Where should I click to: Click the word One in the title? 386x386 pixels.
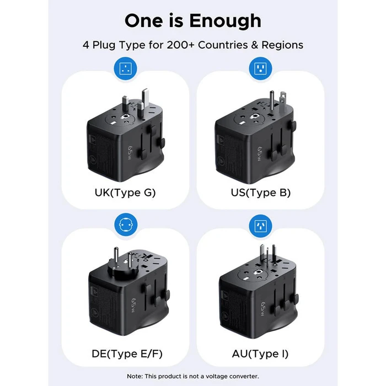click(x=145, y=20)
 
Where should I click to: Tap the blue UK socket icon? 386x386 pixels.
click(x=125, y=69)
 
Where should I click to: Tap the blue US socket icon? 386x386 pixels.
click(x=260, y=69)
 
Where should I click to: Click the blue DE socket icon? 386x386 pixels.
click(x=125, y=225)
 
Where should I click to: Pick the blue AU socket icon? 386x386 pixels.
click(x=260, y=225)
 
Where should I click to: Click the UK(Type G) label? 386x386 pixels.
click(x=125, y=192)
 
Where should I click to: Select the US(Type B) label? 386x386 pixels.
click(x=260, y=192)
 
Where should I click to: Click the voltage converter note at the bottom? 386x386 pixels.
click(x=192, y=376)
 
